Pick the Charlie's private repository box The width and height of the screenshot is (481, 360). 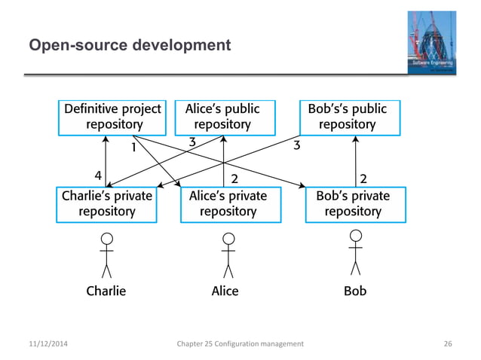[x=106, y=203]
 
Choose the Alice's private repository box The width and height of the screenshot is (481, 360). [x=227, y=203]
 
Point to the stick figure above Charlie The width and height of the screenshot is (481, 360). [x=106, y=255]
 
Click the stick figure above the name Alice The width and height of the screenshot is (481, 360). [x=228, y=255]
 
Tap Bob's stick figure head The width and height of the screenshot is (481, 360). [x=354, y=236]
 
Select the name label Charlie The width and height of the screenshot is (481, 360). [x=106, y=291]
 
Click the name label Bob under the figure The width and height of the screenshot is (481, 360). [x=354, y=291]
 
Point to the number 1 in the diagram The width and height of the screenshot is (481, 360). [x=133, y=148]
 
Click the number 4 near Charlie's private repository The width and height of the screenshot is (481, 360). [x=98, y=175]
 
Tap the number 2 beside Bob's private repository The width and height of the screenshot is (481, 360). [x=363, y=178]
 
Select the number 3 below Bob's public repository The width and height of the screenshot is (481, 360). [x=296, y=146]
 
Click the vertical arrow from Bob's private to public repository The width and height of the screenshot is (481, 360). [x=354, y=162]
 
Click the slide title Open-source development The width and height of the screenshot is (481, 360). [x=130, y=47]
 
